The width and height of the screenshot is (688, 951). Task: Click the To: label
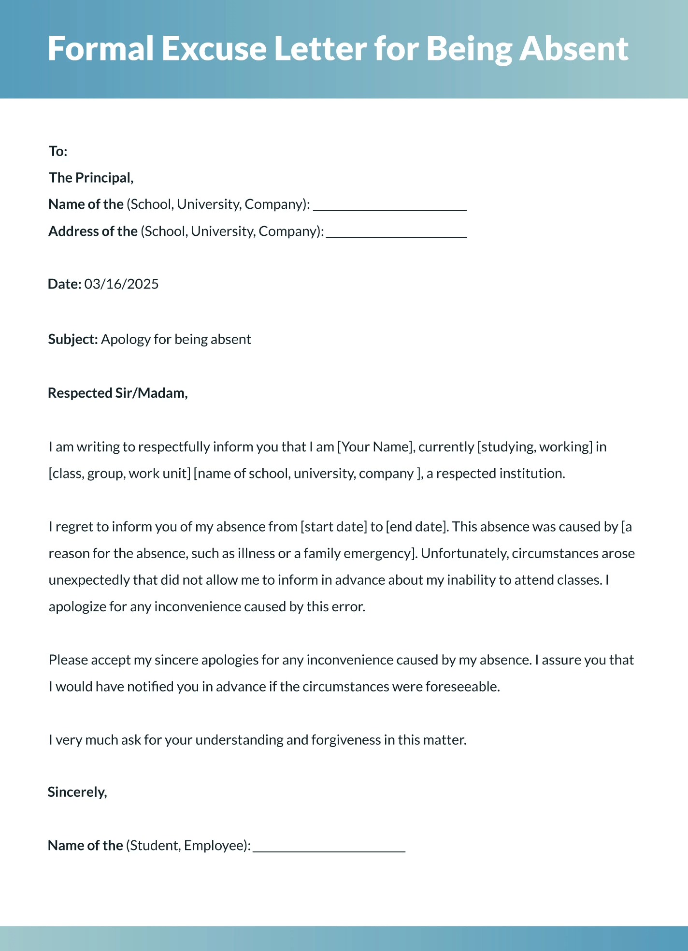click(x=58, y=151)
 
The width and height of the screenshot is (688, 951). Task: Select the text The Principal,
click(x=91, y=178)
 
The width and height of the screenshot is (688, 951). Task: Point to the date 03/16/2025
click(x=121, y=284)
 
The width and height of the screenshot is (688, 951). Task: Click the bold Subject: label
click(x=73, y=339)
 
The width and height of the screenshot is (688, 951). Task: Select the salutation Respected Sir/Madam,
click(x=117, y=393)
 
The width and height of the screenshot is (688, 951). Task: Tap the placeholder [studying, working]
click(x=534, y=447)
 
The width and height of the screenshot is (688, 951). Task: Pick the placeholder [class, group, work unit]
click(x=119, y=473)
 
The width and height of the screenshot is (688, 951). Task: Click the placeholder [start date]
click(x=334, y=526)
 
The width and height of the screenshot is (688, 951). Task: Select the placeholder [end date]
click(x=417, y=526)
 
